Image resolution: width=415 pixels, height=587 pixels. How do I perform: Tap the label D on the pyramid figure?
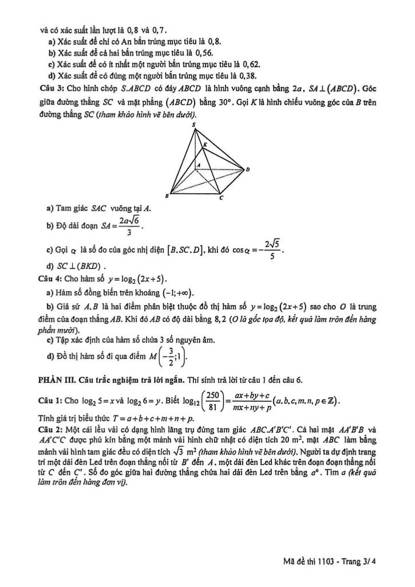(x=247, y=169)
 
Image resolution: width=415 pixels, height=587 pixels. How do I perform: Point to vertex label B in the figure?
(x=167, y=195)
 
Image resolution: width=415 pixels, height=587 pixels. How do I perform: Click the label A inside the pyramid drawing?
(x=198, y=166)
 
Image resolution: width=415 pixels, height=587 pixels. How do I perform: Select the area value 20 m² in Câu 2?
(x=326, y=439)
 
